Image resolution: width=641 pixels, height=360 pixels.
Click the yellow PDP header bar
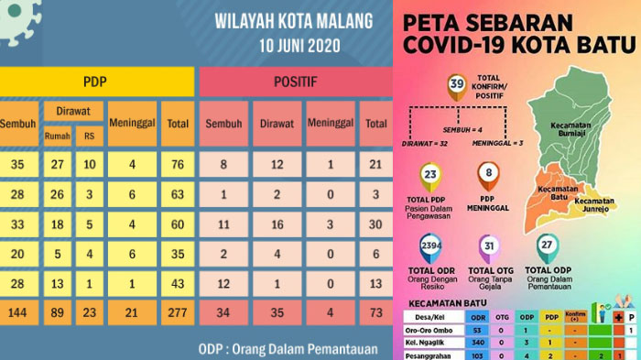tap(96, 82)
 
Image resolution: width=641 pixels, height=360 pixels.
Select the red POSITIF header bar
tap(295, 82)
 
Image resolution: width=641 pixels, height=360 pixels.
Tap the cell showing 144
tap(16, 313)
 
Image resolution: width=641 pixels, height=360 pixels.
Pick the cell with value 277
tap(176, 313)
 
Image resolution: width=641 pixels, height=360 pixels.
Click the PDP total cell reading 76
tap(176, 165)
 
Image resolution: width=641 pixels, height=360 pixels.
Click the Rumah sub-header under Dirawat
tap(57, 136)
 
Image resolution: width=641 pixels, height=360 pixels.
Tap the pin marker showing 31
tap(489, 247)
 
